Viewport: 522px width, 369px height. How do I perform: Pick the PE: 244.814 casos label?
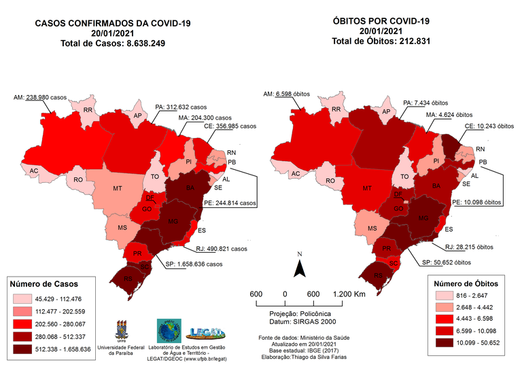click(x=230, y=203)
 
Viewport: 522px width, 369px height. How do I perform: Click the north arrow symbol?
click(x=298, y=269)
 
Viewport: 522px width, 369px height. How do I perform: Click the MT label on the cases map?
click(x=117, y=187)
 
